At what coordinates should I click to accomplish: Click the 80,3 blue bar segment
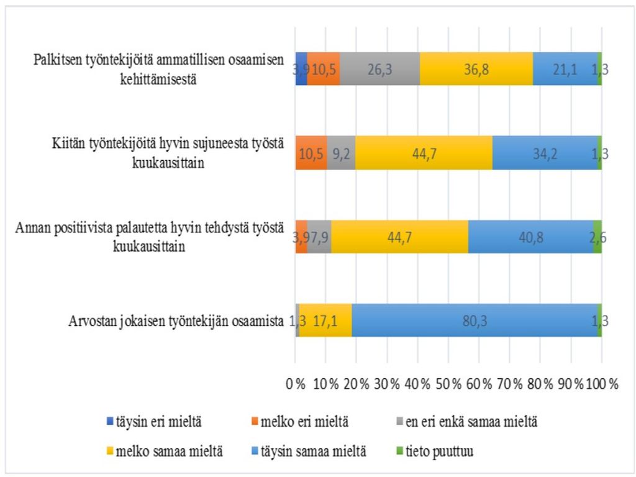[475, 320]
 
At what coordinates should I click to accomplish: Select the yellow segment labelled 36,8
[476, 68]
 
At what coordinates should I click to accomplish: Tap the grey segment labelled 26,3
[379, 68]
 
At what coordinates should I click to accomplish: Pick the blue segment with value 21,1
[565, 68]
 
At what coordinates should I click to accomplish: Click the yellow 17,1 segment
[325, 320]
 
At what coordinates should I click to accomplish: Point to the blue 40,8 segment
[531, 237]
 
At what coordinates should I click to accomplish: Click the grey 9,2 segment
[340, 152]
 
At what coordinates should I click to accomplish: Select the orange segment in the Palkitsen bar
[323, 68]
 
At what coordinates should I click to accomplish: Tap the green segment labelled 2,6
[597, 237]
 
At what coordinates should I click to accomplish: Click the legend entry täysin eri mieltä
[156, 422]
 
